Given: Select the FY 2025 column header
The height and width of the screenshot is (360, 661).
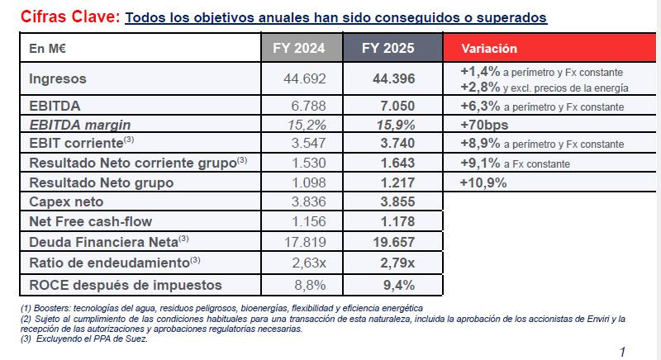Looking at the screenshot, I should tap(388, 49).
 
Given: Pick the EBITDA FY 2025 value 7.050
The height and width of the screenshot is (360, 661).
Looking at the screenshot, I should tap(394, 106).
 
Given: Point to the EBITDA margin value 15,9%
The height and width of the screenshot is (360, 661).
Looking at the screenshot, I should tap(394, 125).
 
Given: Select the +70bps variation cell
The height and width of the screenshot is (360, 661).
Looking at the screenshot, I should tap(484, 126).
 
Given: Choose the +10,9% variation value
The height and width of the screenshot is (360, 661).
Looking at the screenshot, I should tap(483, 182).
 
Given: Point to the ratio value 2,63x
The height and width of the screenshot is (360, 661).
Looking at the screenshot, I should tap(307, 263).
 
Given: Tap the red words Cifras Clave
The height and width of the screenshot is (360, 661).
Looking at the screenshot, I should tap(69, 17).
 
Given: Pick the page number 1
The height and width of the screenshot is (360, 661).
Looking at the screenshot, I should tap(622, 351).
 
